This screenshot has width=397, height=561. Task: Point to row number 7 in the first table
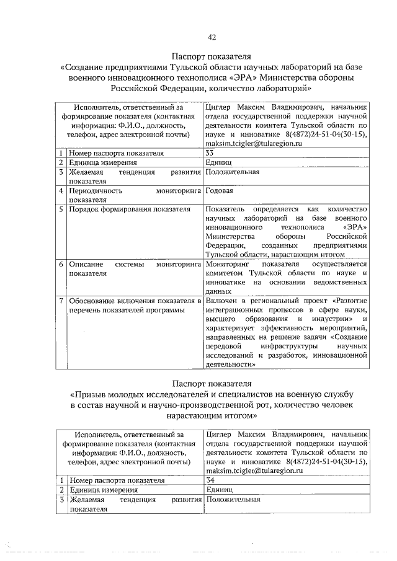coord(61,301)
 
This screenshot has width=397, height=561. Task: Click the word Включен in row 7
coord(221,301)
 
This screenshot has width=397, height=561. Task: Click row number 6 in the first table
coord(61,264)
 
